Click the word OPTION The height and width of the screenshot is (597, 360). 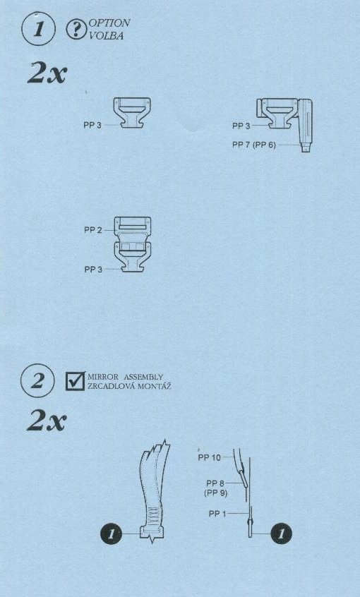pyautogui.click(x=109, y=23)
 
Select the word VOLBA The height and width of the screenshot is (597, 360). pyautogui.click(x=107, y=36)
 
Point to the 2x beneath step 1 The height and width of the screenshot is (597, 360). pyautogui.click(x=47, y=73)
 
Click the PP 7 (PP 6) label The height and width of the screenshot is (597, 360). pyautogui.click(x=253, y=145)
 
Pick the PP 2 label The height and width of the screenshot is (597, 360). pyautogui.click(x=93, y=230)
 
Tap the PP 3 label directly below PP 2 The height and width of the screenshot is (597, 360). pyautogui.click(x=93, y=269)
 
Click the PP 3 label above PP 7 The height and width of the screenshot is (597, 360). pyautogui.click(x=241, y=126)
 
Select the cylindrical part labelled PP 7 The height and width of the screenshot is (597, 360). pyautogui.click(x=306, y=125)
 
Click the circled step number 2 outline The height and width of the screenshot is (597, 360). pyautogui.click(x=22, y=381)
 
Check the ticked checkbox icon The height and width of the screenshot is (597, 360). pyautogui.click(x=75, y=381)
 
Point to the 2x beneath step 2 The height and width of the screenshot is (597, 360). pyautogui.click(x=47, y=421)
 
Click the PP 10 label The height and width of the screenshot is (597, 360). pyautogui.click(x=209, y=458)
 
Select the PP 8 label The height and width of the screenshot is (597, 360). pyautogui.click(x=215, y=483)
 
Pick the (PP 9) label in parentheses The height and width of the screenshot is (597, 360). pyautogui.click(x=217, y=493)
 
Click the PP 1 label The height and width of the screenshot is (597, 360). pyautogui.click(x=217, y=514)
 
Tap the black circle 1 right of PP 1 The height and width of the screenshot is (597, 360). pyautogui.click(x=281, y=533)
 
